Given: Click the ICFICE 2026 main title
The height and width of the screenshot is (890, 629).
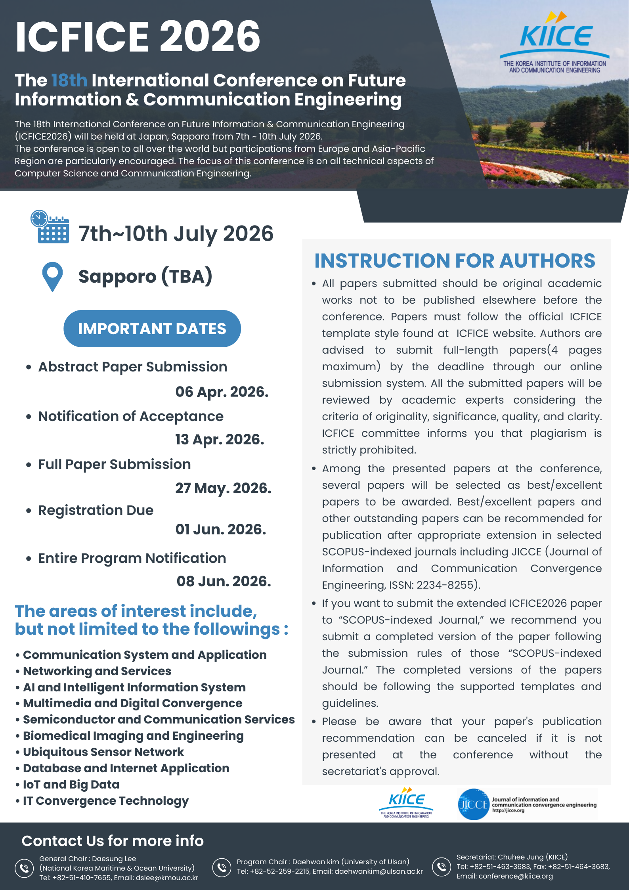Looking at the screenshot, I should tap(138, 36).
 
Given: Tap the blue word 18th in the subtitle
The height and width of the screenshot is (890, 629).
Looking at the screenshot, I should tap(69, 80).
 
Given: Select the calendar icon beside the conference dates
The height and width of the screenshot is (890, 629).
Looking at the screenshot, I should tap(50, 227).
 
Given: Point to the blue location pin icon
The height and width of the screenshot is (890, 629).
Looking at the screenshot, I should tap(52, 276).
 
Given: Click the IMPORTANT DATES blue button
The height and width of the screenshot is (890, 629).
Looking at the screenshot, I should tap(152, 329).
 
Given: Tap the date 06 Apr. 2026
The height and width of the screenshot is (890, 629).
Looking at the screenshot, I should tap(222, 392).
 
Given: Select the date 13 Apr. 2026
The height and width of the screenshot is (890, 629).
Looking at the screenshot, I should tap(220, 439).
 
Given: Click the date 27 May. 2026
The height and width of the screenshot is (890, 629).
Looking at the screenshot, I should tap(223, 488).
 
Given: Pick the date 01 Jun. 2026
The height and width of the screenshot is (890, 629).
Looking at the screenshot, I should tap(221, 529).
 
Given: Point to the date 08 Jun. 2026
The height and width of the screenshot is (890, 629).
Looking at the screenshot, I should tap(224, 581).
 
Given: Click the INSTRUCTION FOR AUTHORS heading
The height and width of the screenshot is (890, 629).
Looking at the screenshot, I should tap(455, 261).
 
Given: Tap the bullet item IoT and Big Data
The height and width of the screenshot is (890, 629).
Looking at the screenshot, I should tap(71, 784).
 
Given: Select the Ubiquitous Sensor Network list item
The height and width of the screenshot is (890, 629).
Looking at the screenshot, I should tap(103, 752).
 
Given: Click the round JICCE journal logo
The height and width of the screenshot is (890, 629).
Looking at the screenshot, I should tap(473, 804).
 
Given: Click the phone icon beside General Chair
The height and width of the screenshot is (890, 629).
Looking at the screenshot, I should tap(24, 868).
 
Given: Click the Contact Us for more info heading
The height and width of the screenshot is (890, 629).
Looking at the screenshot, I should tap(113, 841).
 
